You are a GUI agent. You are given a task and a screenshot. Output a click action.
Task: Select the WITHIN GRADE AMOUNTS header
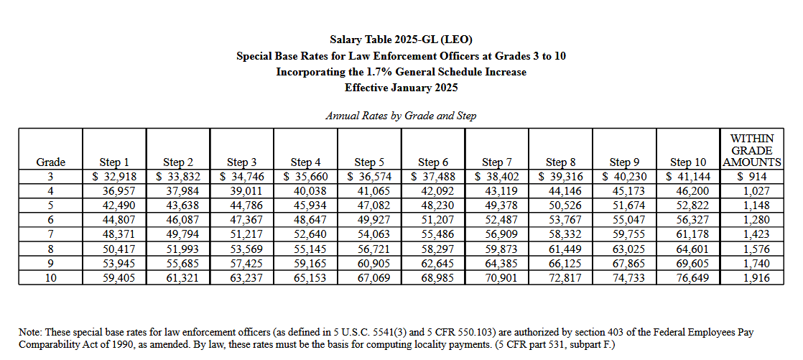coord(751,150)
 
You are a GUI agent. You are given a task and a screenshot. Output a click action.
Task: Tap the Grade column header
coord(50,162)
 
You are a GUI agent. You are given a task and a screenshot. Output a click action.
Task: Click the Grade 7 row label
coord(50,234)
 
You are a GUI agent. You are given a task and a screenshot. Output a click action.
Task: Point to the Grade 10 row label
coord(50,277)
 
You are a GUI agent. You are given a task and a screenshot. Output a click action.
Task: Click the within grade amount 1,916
coord(753,277)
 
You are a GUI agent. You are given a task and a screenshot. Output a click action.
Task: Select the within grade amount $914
coord(751,177)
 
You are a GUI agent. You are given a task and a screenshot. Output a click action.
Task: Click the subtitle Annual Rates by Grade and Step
coord(401,116)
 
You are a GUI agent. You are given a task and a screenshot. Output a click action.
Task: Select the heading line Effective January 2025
coord(401,88)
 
